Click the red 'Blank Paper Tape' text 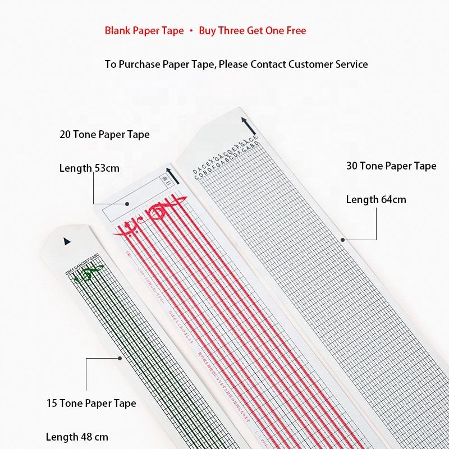pos(144,31)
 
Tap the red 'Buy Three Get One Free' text pos(253,31)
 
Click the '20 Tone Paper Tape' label pos(104,135)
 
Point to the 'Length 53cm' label pos(89,168)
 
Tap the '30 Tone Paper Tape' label pos(391,166)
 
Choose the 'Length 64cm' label pos(376,199)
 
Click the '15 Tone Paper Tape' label pos(91,403)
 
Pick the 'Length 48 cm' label pos(77,437)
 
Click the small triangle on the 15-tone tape pos(67,241)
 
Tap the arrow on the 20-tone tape pos(168,176)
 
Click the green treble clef pos(85,276)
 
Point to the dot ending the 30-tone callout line pos(343,240)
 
